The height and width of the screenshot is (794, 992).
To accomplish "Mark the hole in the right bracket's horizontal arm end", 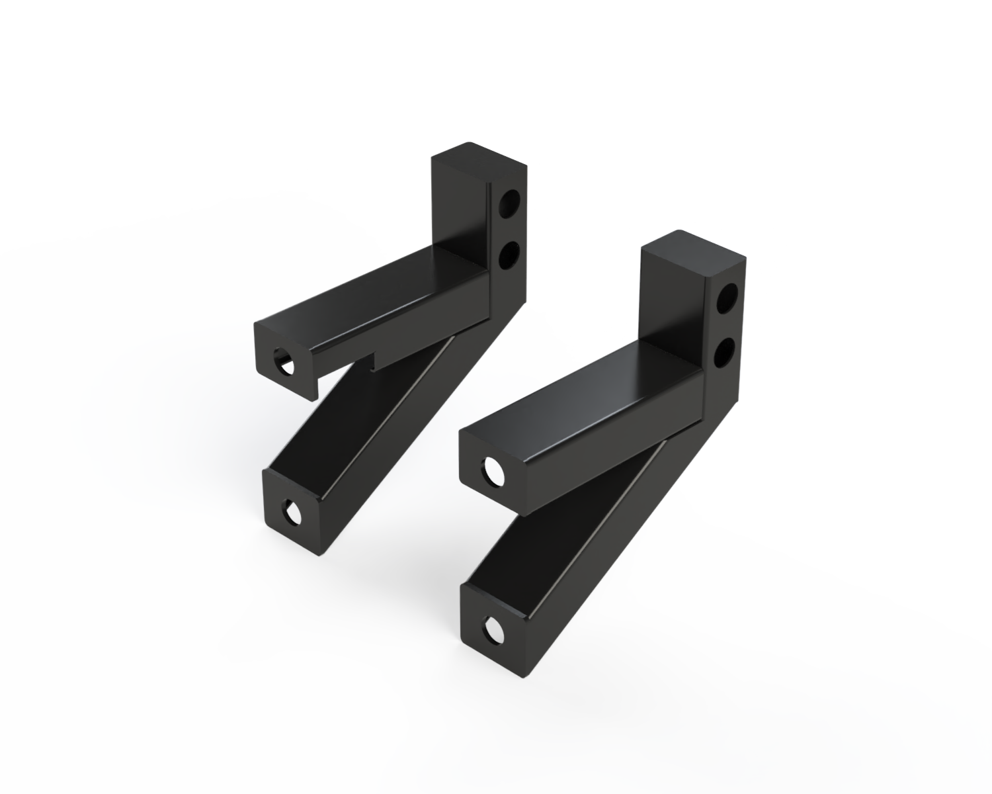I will click(493, 470).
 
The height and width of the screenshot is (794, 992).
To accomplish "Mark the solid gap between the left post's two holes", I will click(509, 230).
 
